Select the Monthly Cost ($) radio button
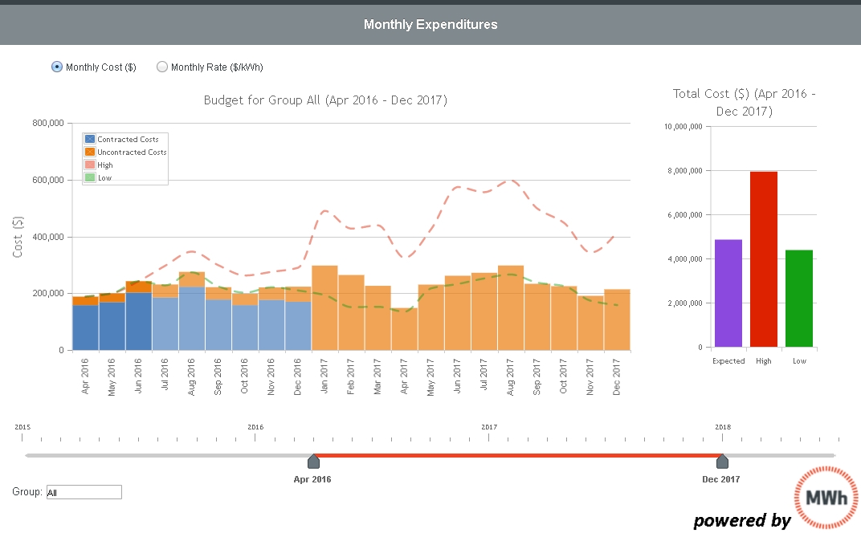pyautogui.click(x=57, y=67)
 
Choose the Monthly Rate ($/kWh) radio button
pyautogui.click(x=162, y=67)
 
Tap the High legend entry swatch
pyautogui.click(x=90, y=165)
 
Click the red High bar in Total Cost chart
pyautogui.click(x=764, y=259)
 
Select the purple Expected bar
pyautogui.click(x=728, y=293)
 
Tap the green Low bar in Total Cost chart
pyautogui.click(x=799, y=299)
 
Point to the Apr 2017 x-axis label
pyautogui.click(x=405, y=374)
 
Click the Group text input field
pyautogui.click(x=84, y=492)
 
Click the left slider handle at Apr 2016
pyautogui.click(x=313, y=461)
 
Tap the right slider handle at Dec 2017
pyautogui.click(x=722, y=461)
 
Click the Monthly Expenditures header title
pyautogui.click(x=430, y=24)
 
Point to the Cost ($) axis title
pyautogui.click(x=18, y=237)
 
